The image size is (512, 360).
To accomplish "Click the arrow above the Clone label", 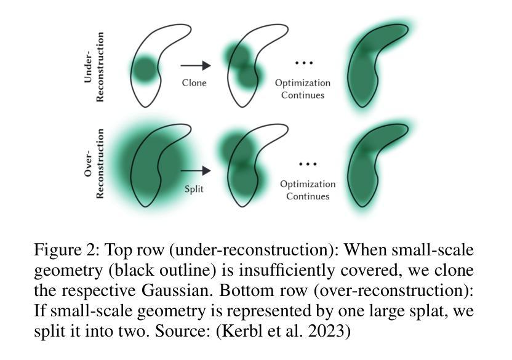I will pos(195,65).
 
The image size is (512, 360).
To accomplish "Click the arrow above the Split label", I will pos(195,170).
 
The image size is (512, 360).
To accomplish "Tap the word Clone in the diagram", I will pos(194,82).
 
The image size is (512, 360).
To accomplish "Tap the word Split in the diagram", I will pos(194,189).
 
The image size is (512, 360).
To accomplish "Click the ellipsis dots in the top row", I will pos(304,63).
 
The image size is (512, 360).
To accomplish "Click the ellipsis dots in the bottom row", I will pos(307,164).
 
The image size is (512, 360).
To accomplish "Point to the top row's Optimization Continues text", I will pos(303,89).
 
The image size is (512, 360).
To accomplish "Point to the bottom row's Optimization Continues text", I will pos(308,190).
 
